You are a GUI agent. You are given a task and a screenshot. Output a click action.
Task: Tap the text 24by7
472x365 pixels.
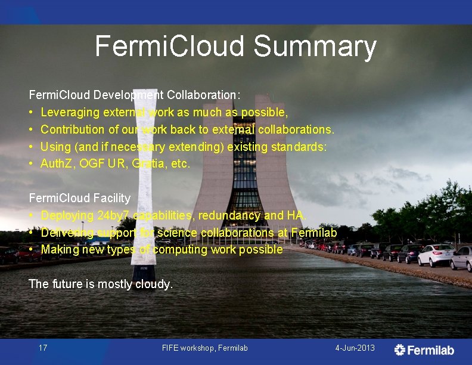point(113,215)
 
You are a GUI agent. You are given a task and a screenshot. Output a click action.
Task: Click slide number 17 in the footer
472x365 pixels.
point(43,348)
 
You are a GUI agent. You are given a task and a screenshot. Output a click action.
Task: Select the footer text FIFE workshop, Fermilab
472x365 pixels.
point(204,348)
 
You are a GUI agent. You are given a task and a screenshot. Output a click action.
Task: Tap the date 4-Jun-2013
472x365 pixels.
point(355,348)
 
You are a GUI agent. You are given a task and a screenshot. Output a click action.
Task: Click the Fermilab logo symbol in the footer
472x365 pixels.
point(400,349)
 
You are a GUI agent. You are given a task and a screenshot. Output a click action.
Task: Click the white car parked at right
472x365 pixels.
point(436,255)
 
